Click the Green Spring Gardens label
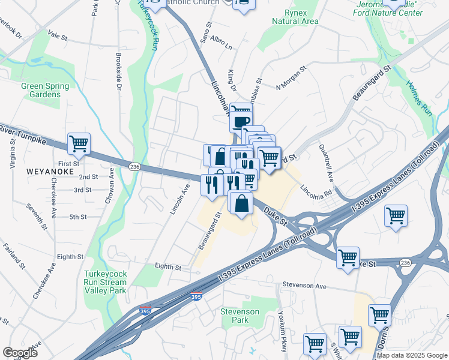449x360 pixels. coord(41,90)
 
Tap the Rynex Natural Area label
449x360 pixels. coord(295,17)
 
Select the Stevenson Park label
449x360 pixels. coord(240,316)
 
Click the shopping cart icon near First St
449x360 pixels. coord(79,144)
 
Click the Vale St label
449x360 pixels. coord(58,36)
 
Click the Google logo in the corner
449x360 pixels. coord(20,353)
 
